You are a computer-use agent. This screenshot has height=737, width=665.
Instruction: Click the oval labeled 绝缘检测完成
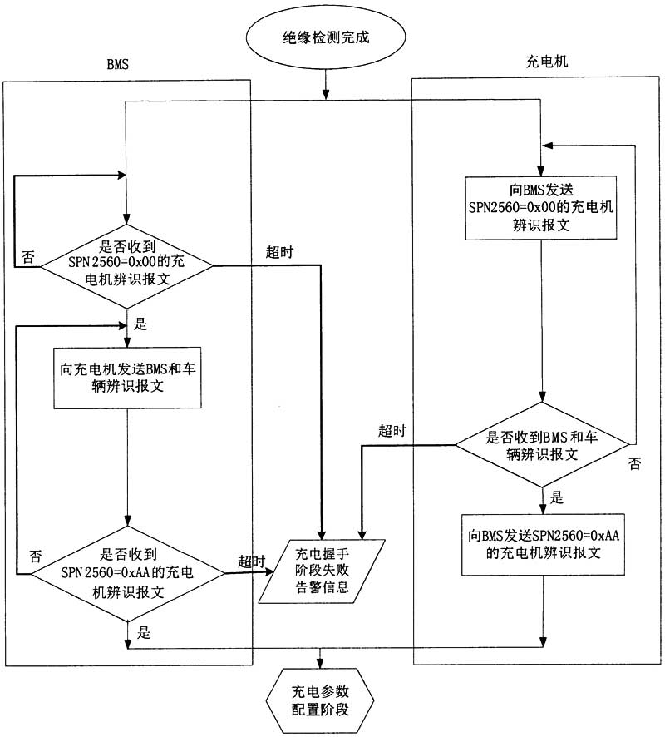click(x=325, y=37)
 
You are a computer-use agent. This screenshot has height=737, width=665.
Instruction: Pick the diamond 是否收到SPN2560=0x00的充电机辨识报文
click(x=127, y=266)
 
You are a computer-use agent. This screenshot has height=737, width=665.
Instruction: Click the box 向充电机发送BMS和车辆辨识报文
click(x=127, y=376)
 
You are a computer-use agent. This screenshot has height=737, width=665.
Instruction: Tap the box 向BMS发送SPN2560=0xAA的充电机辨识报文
click(x=542, y=544)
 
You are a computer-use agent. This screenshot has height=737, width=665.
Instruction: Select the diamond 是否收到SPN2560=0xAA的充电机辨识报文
click(x=127, y=573)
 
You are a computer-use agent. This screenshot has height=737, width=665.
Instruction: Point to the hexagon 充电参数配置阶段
click(x=319, y=701)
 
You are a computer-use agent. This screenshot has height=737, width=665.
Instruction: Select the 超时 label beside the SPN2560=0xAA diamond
click(x=251, y=561)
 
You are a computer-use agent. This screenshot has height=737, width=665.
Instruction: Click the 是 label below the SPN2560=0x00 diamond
click(x=140, y=324)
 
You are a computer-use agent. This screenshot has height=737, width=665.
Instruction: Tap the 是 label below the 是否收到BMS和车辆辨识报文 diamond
click(x=557, y=498)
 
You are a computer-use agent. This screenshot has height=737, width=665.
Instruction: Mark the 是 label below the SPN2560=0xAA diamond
click(x=143, y=633)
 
